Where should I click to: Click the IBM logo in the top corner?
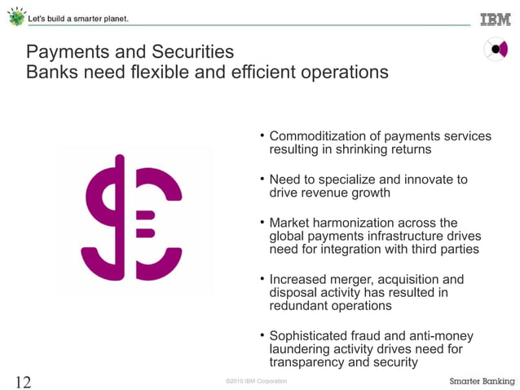[x=495, y=20]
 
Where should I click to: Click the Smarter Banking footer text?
[x=481, y=382]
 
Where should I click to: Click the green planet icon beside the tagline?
[x=16, y=17]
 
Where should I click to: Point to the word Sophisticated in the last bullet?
[x=309, y=336]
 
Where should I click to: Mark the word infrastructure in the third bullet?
[x=412, y=236]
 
